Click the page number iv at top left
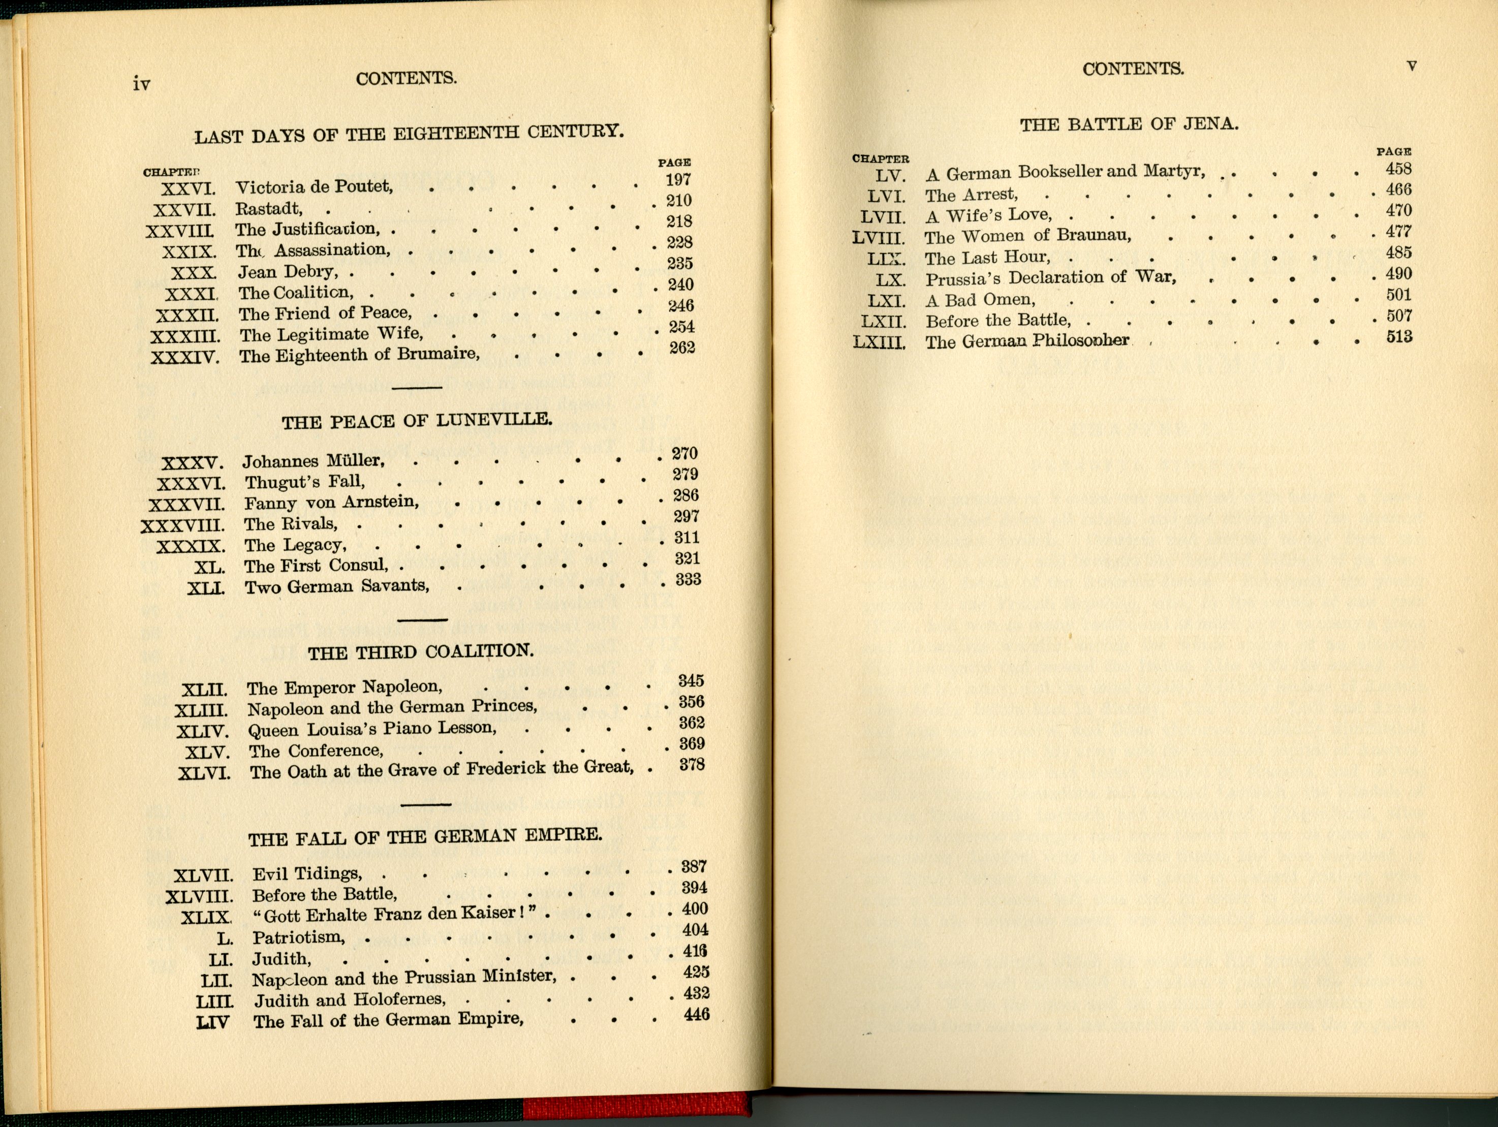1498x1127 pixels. [x=142, y=84]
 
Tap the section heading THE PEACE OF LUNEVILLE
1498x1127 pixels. [x=417, y=421]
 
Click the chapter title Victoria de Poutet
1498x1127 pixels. [x=314, y=187]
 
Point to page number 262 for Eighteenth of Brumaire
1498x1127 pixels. [x=682, y=348]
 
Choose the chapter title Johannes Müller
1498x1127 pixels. [x=314, y=461]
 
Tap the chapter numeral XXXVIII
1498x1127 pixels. [x=182, y=525]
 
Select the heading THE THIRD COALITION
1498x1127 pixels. [x=421, y=652]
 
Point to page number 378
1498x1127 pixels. [x=692, y=765]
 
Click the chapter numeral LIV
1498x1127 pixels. [x=212, y=1021]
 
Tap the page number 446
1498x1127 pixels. [x=696, y=1015]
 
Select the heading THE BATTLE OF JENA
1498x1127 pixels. [x=1129, y=124]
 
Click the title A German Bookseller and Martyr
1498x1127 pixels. [x=1065, y=173]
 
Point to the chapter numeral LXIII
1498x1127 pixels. [x=879, y=342]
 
